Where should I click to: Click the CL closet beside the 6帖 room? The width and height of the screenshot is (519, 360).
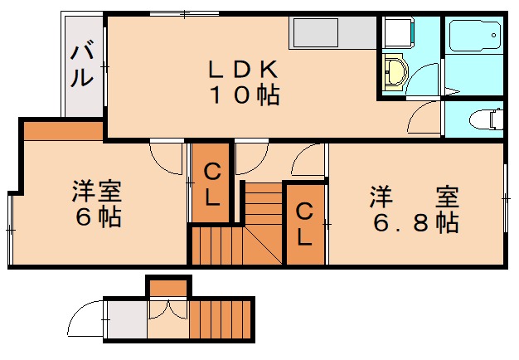[211, 183]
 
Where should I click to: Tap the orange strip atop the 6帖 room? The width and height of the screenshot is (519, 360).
[63, 130]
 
